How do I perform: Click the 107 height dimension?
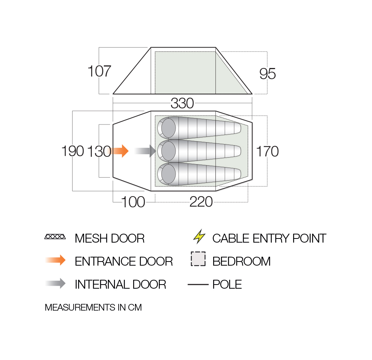[x=99, y=71]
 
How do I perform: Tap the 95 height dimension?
[x=267, y=74]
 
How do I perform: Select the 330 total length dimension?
[x=182, y=103]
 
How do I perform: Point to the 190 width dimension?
[x=73, y=151]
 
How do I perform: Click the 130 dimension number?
[x=99, y=152]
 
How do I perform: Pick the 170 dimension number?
[x=267, y=152]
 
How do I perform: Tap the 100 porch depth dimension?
[x=133, y=202]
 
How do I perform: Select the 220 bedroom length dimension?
[x=201, y=202]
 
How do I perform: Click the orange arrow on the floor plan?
[x=119, y=151]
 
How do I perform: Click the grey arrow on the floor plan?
[x=145, y=151]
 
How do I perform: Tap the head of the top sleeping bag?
[x=168, y=128]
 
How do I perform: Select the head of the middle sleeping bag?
[x=168, y=151]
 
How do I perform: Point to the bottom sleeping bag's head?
[x=168, y=174]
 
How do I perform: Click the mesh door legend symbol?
[x=55, y=237]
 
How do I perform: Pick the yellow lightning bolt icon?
[x=199, y=236]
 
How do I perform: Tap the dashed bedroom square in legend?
[x=198, y=259]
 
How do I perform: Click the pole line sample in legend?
[x=198, y=285]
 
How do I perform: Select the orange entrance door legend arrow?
[x=55, y=260]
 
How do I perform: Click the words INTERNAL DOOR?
[x=120, y=285]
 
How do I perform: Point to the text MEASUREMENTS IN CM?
[x=93, y=307]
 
